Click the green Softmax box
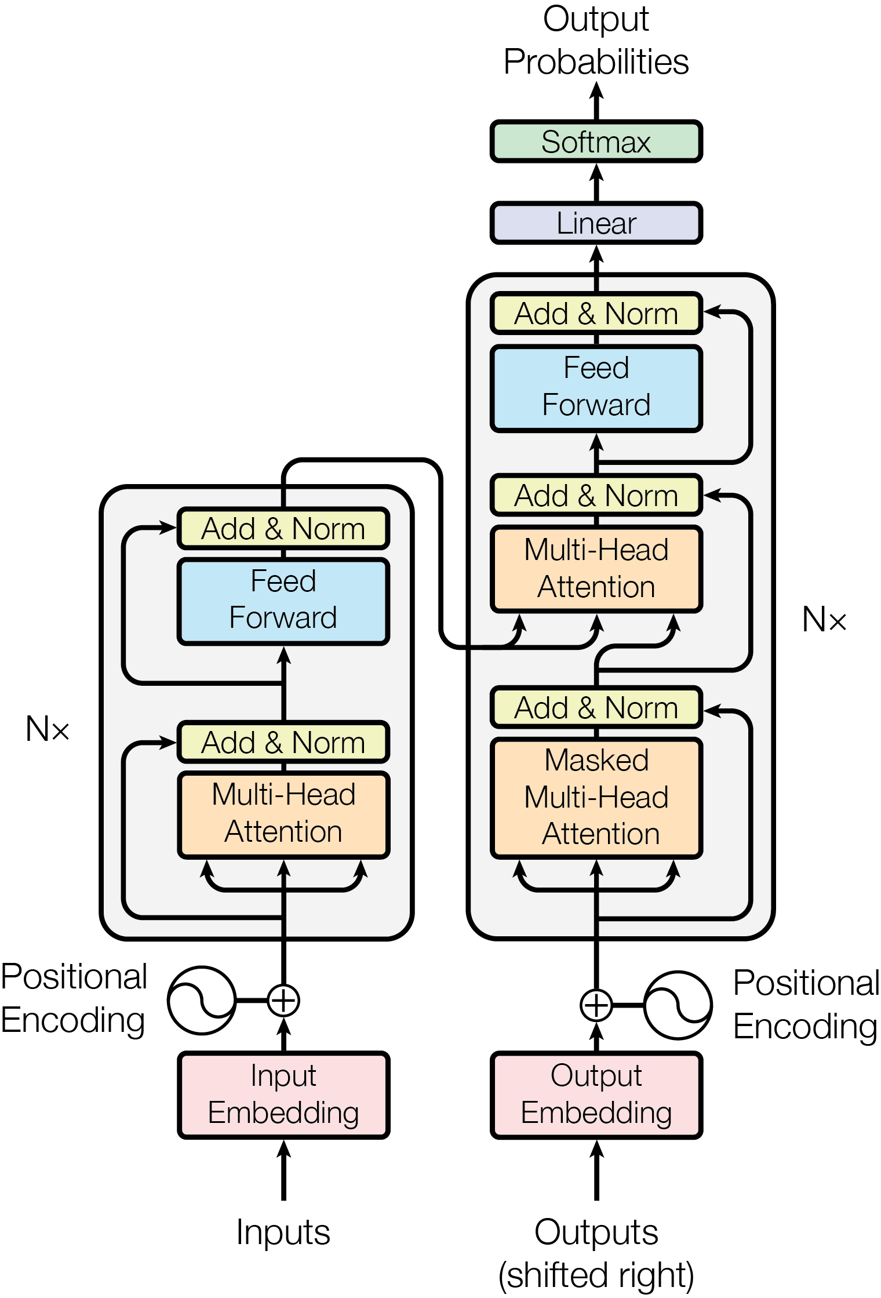tap(596, 141)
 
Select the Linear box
tap(596, 223)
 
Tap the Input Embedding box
tap(283, 1095)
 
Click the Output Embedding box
tap(596, 1095)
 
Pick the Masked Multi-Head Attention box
tap(596, 797)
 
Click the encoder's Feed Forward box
tap(283, 600)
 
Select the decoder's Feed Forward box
tap(596, 387)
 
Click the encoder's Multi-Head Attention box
tap(283, 813)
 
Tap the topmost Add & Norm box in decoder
tap(596, 314)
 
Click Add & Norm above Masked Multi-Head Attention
tap(596, 708)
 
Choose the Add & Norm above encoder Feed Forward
tap(283, 529)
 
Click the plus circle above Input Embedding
tap(283, 1000)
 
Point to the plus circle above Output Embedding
tap(596, 1005)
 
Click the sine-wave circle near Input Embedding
tap(202, 1000)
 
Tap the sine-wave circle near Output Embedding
tap(678, 1005)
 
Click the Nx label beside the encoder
tap(48, 729)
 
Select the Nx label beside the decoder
tap(824, 619)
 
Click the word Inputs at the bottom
tap(283, 1231)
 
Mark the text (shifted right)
tap(596, 1274)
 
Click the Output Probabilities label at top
tap(596, 41)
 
